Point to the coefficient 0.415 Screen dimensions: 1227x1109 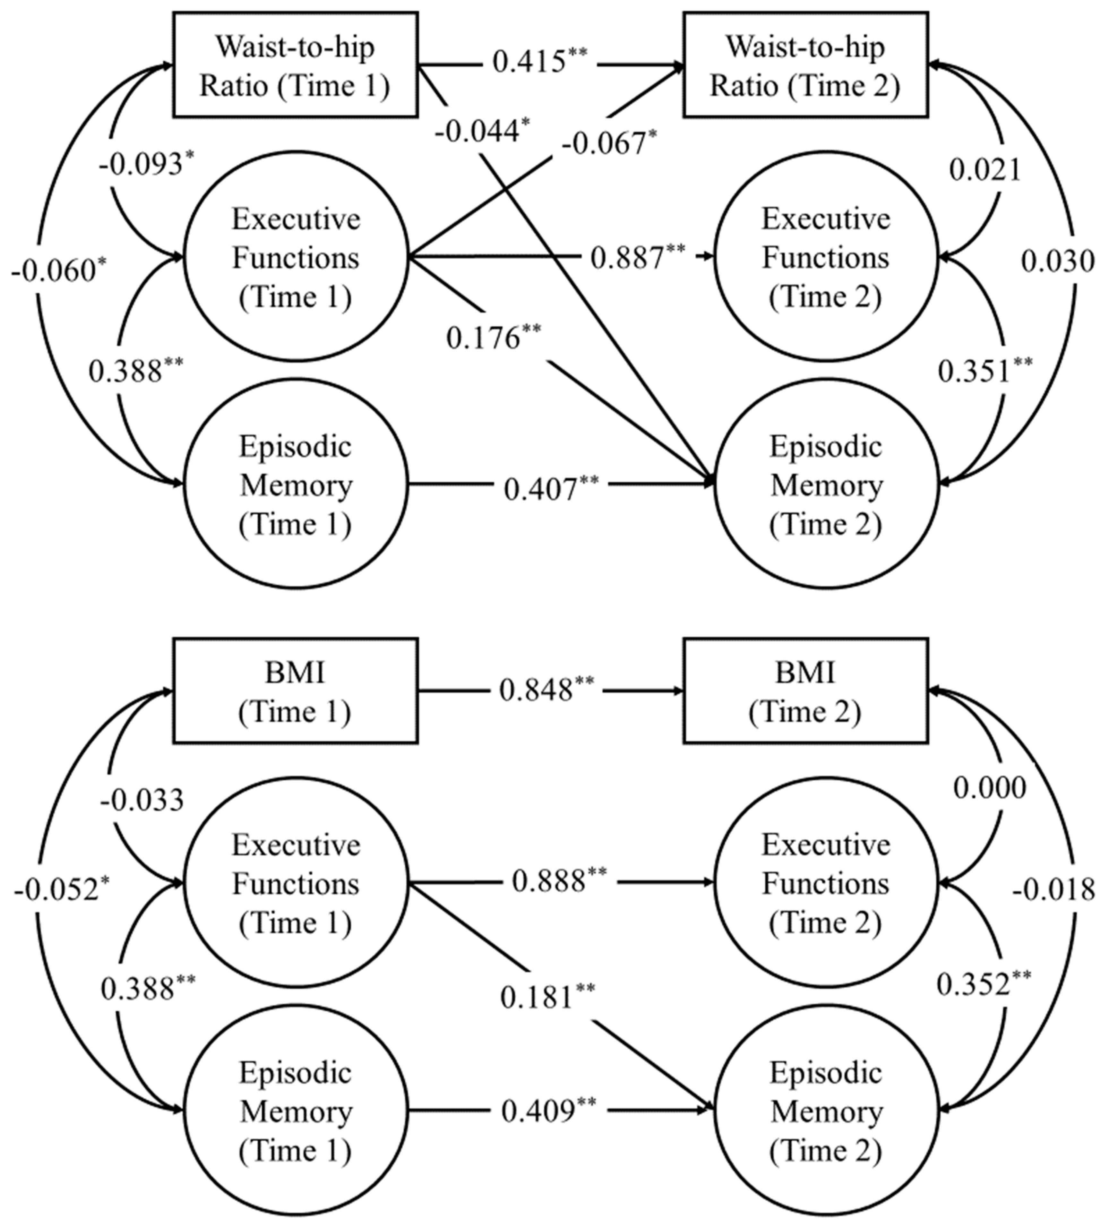click(539, 61)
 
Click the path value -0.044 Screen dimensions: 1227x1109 click(481, 131)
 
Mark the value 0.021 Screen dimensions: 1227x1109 click(984, 170)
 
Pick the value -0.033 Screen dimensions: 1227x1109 click(141, 800)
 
